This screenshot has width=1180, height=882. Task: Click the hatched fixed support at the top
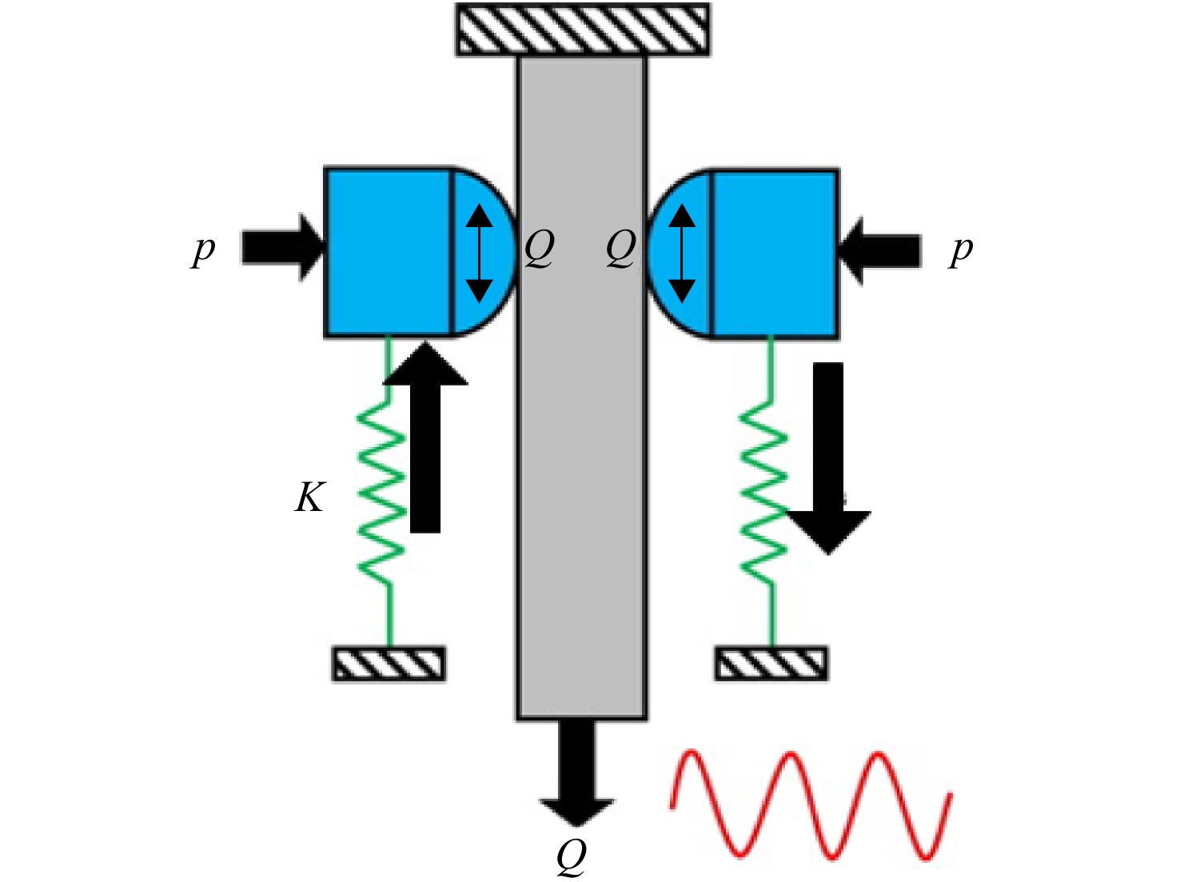583,30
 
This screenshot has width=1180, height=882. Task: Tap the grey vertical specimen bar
582,387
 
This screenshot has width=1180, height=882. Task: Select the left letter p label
203,250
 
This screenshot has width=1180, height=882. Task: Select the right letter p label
961,250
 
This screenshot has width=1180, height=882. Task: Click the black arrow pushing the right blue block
879,251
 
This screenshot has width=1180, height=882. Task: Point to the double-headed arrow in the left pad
479,253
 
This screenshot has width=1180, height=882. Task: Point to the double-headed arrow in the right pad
682,253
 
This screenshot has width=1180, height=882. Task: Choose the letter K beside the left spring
310,497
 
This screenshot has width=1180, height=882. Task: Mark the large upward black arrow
425,437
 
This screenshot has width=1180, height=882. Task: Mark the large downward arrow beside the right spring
828,458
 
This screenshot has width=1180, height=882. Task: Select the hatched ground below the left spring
389,664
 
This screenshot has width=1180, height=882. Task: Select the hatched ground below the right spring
771,664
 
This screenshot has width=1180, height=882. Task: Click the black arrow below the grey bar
577,773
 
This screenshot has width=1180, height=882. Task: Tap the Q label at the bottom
572,856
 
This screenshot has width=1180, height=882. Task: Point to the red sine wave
811,805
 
